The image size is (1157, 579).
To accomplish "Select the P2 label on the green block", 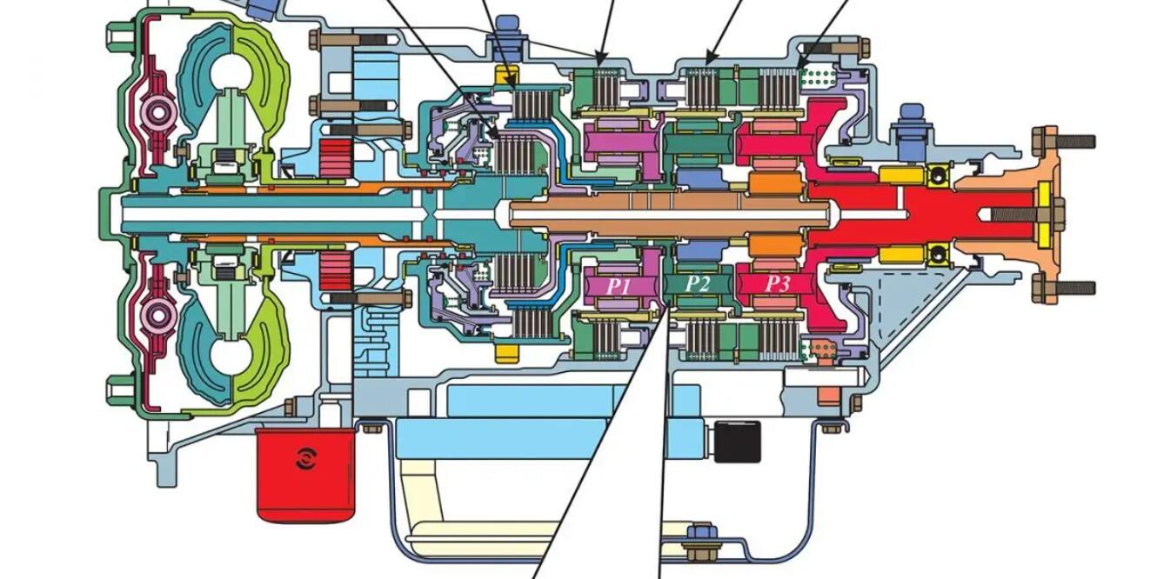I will [x=697, y=284].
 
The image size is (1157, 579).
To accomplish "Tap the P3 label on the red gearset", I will [x=777, y=284].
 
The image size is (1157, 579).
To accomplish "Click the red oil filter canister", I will [x=305, y=474].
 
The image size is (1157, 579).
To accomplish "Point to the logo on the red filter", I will [x=305, y=458].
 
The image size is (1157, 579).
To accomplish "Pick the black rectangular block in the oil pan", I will [x=736, y=441].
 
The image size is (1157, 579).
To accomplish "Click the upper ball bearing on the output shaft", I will [x=939, y=176].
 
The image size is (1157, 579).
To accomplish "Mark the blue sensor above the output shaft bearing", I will [x=913, y=123].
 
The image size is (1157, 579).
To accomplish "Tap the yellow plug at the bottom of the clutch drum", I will [x=505, y=354].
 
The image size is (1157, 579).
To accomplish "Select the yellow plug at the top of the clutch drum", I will [x=505, y=77].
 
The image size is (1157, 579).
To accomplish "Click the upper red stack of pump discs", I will [x=333, y=157].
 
